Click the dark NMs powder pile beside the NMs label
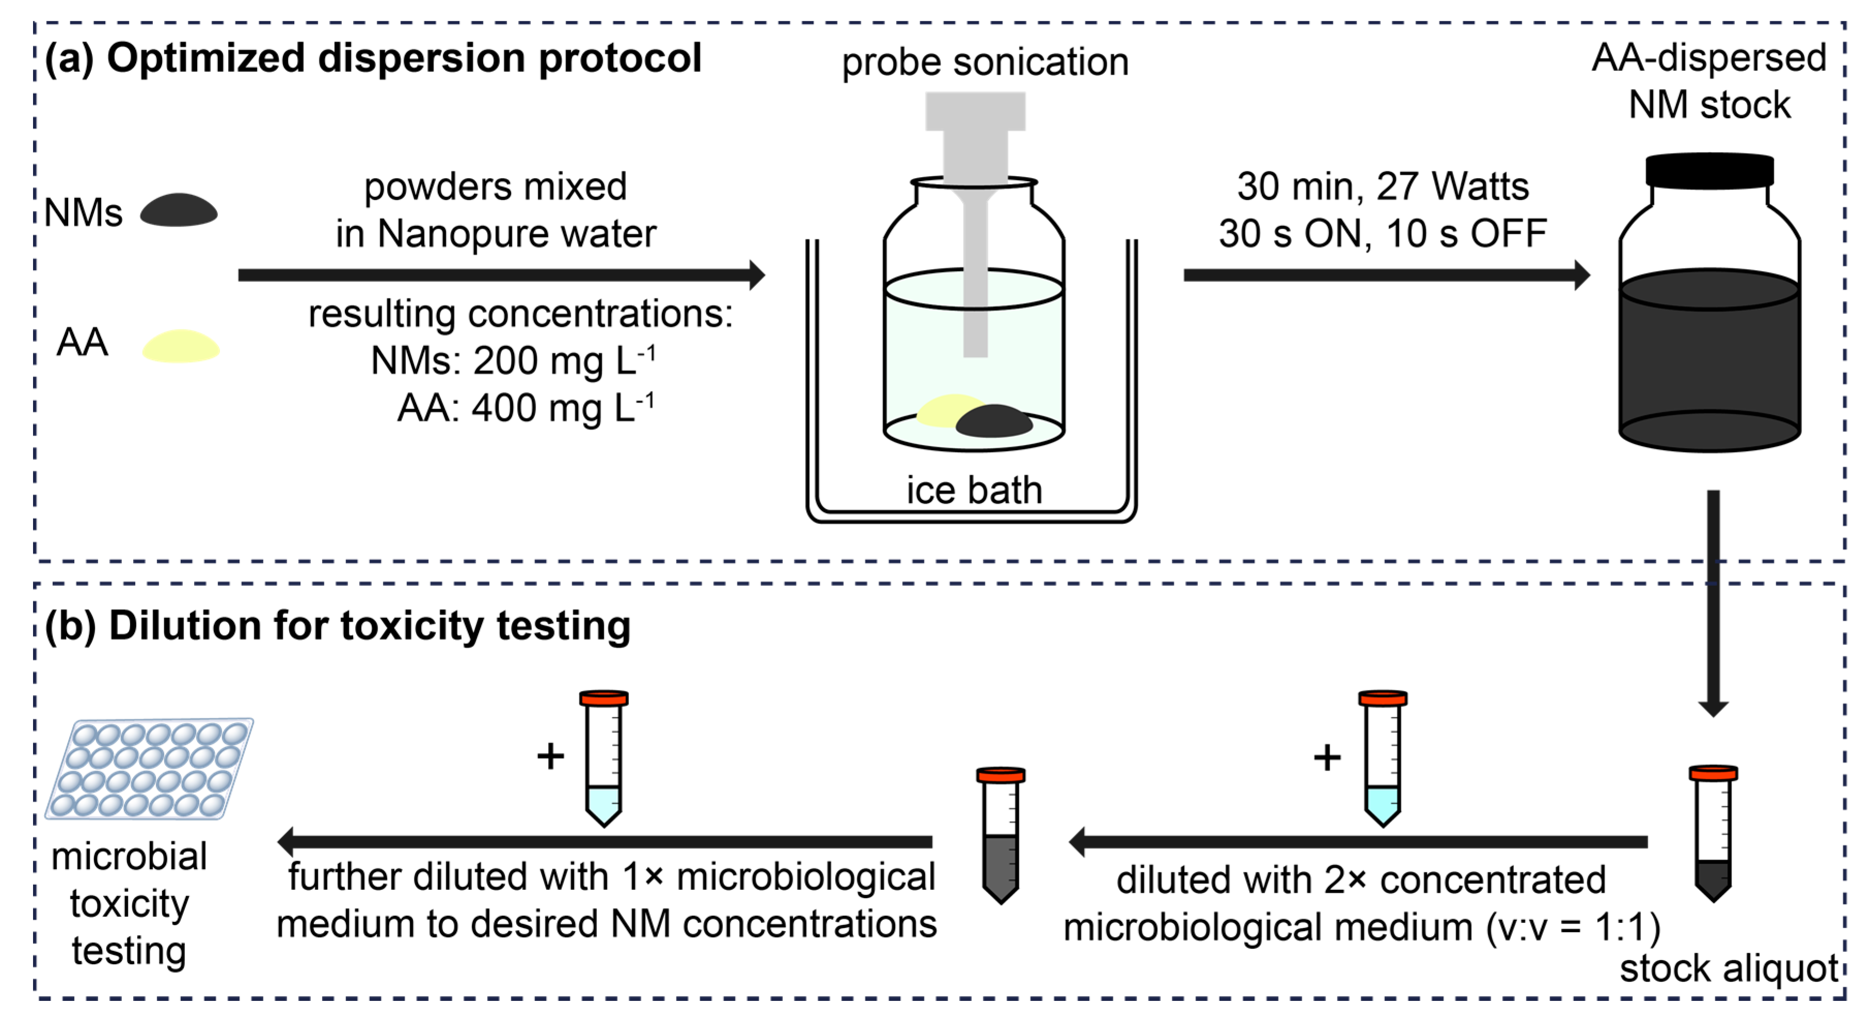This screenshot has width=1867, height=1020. click(x=178, y=211)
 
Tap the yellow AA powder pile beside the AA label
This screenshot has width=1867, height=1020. click(x=181, y=347)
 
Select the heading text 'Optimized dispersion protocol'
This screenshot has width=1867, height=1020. click(x=404, y=58)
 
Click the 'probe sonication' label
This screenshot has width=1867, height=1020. click(x=984, y=62)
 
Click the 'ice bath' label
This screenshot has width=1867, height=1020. click(x=974, y=490)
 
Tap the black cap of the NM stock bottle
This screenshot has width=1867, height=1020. click(x=1709, y=171)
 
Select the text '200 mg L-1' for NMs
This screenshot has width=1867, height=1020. click(x=564, y=360)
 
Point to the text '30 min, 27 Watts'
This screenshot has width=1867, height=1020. click(x=1382, y=186)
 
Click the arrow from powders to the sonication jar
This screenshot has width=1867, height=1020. click(x=500, y=275)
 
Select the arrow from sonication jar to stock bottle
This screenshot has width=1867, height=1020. click(x=1385, y=275)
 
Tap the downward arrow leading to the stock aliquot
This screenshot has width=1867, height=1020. click(x=1713, y=602)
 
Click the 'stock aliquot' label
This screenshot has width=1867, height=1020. click(x=1729, y=968)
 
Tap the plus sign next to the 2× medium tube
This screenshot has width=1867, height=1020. click(x=1327, y=758)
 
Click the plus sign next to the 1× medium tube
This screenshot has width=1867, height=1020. click(x=550, y=756)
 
